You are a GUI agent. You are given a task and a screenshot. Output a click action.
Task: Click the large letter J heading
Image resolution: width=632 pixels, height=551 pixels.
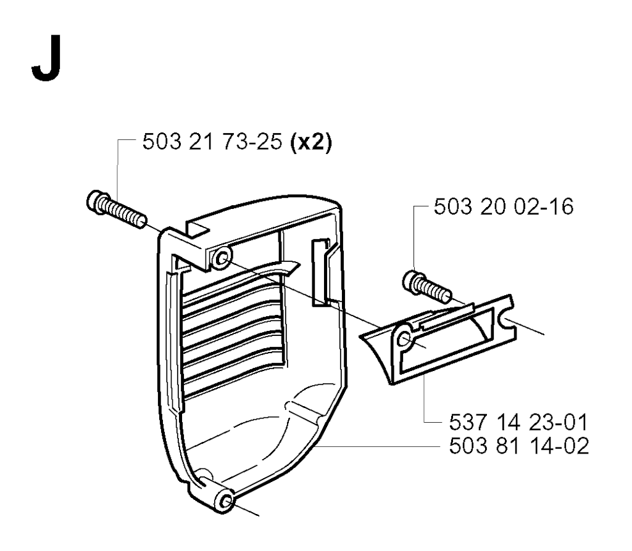click(x=46, y=58)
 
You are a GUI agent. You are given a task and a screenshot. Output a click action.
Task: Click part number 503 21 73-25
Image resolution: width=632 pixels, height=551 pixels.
click(x=212, y=142)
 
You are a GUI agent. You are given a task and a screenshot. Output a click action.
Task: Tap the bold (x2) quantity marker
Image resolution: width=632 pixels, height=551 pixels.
click(x=311, y=143)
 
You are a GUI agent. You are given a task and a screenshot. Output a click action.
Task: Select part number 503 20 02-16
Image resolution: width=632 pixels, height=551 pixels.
click(x=504, y=207)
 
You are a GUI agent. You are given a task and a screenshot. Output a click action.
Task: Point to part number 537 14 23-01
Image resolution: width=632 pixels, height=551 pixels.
click(x=518, y=423)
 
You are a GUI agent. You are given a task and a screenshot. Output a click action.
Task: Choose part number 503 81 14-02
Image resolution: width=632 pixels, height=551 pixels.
click(x=518, y=446)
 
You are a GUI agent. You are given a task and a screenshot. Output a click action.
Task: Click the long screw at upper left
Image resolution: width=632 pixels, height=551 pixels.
click(x=117, y=210)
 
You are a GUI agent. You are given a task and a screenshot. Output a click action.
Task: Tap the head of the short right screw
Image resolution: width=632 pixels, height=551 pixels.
click(x=412, y=280)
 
